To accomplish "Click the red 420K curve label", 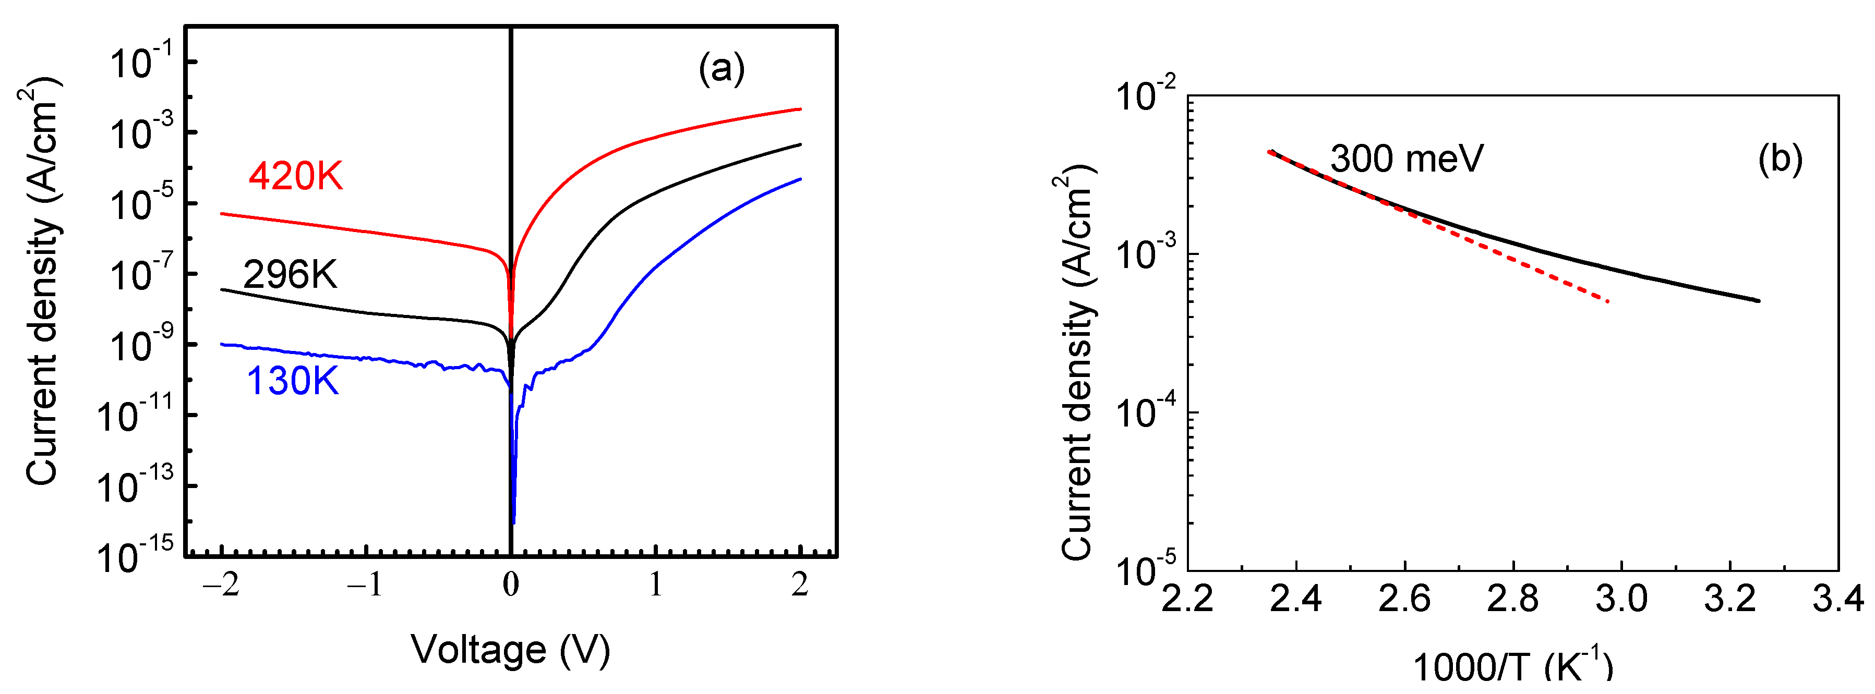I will click(x=295, y=176).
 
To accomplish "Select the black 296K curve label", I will click(x=290, y=275).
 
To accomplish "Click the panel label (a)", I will click(x=722, y=69).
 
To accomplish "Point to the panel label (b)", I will click(x=1780, y=159).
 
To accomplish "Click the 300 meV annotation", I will click(x=1407, y=159).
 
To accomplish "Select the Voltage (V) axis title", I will click(x=510, y=650).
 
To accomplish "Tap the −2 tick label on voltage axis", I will click(x=221, y=584).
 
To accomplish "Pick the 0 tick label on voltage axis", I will click(x=510, y=584).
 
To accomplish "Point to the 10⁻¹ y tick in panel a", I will click(x=142, y=63).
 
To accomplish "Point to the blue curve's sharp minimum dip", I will click(x=514, y=521).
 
